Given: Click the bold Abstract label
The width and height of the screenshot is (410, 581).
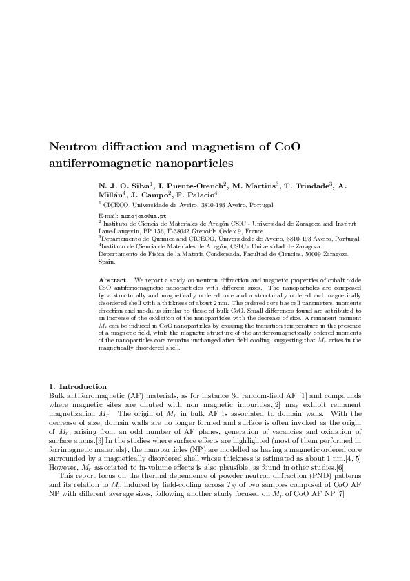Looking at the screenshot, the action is point(113,281).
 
